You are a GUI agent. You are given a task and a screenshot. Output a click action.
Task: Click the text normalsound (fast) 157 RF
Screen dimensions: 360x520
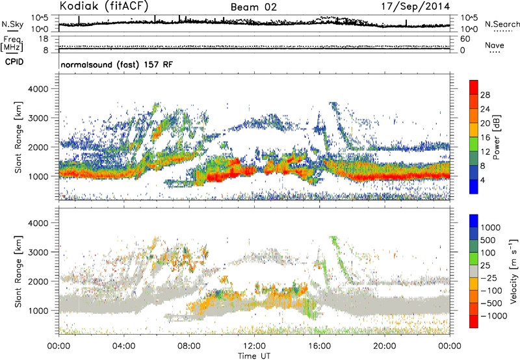coord(116,66)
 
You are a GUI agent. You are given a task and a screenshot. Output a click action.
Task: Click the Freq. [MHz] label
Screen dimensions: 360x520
coord(11,42)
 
